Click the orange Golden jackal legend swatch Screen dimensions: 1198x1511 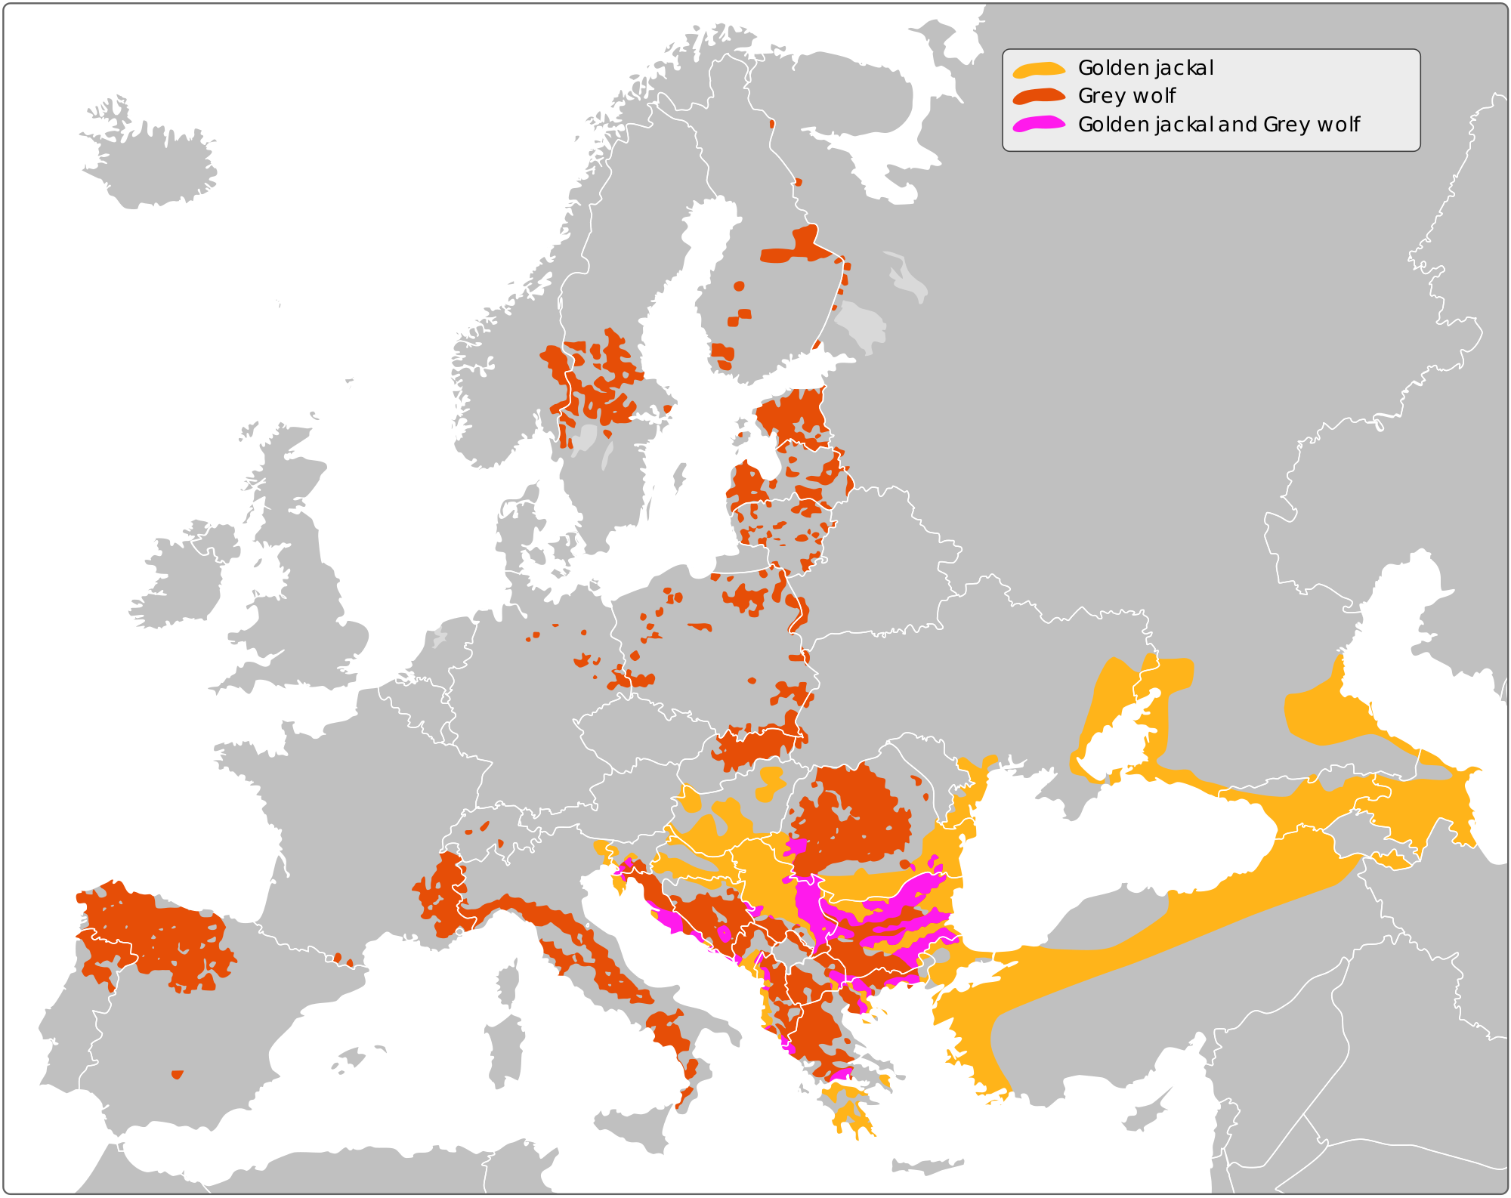coord(1039,69)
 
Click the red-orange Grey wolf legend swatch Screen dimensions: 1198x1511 coord(1039,96)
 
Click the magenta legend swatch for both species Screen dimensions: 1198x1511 coord(1039,124)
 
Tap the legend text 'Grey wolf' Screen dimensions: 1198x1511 coord(1126,96)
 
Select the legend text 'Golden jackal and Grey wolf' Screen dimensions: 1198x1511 coord(1218,124)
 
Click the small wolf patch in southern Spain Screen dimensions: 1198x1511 coord(177,1074)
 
